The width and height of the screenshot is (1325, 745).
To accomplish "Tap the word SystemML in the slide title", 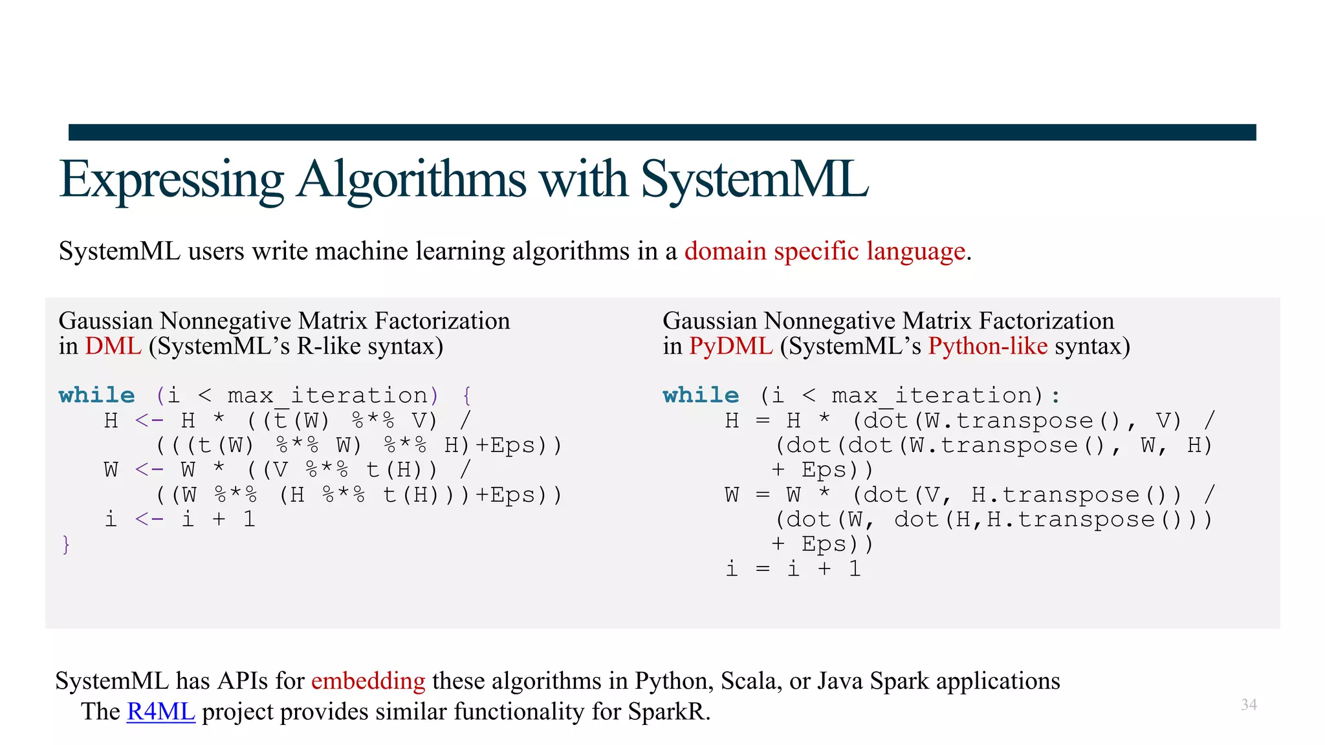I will (754, 180).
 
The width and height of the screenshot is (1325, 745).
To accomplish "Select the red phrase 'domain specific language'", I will (825, 251).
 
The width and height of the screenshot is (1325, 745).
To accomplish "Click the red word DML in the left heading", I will (113, 346).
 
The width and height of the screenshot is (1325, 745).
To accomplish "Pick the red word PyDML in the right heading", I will (730, 346).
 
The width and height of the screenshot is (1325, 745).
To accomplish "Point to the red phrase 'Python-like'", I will (987, 346).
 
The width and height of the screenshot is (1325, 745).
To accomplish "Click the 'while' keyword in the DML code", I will (96, 395).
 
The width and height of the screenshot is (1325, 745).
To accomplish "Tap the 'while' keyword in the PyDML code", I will (701, 395).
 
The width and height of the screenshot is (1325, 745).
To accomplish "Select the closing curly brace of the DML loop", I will (66, 545).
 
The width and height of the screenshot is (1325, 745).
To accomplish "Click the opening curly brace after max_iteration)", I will (467, 395).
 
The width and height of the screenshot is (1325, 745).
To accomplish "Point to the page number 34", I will (1249, 704).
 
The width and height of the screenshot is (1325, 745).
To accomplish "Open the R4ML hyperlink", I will (160, 711).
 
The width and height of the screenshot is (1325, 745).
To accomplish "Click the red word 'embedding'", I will (368, 681).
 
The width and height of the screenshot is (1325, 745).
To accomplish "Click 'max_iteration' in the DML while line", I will (327, 395).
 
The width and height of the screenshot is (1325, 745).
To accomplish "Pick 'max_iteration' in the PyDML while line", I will (932, 395).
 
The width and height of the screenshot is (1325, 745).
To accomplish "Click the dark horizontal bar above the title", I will (662, 132).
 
